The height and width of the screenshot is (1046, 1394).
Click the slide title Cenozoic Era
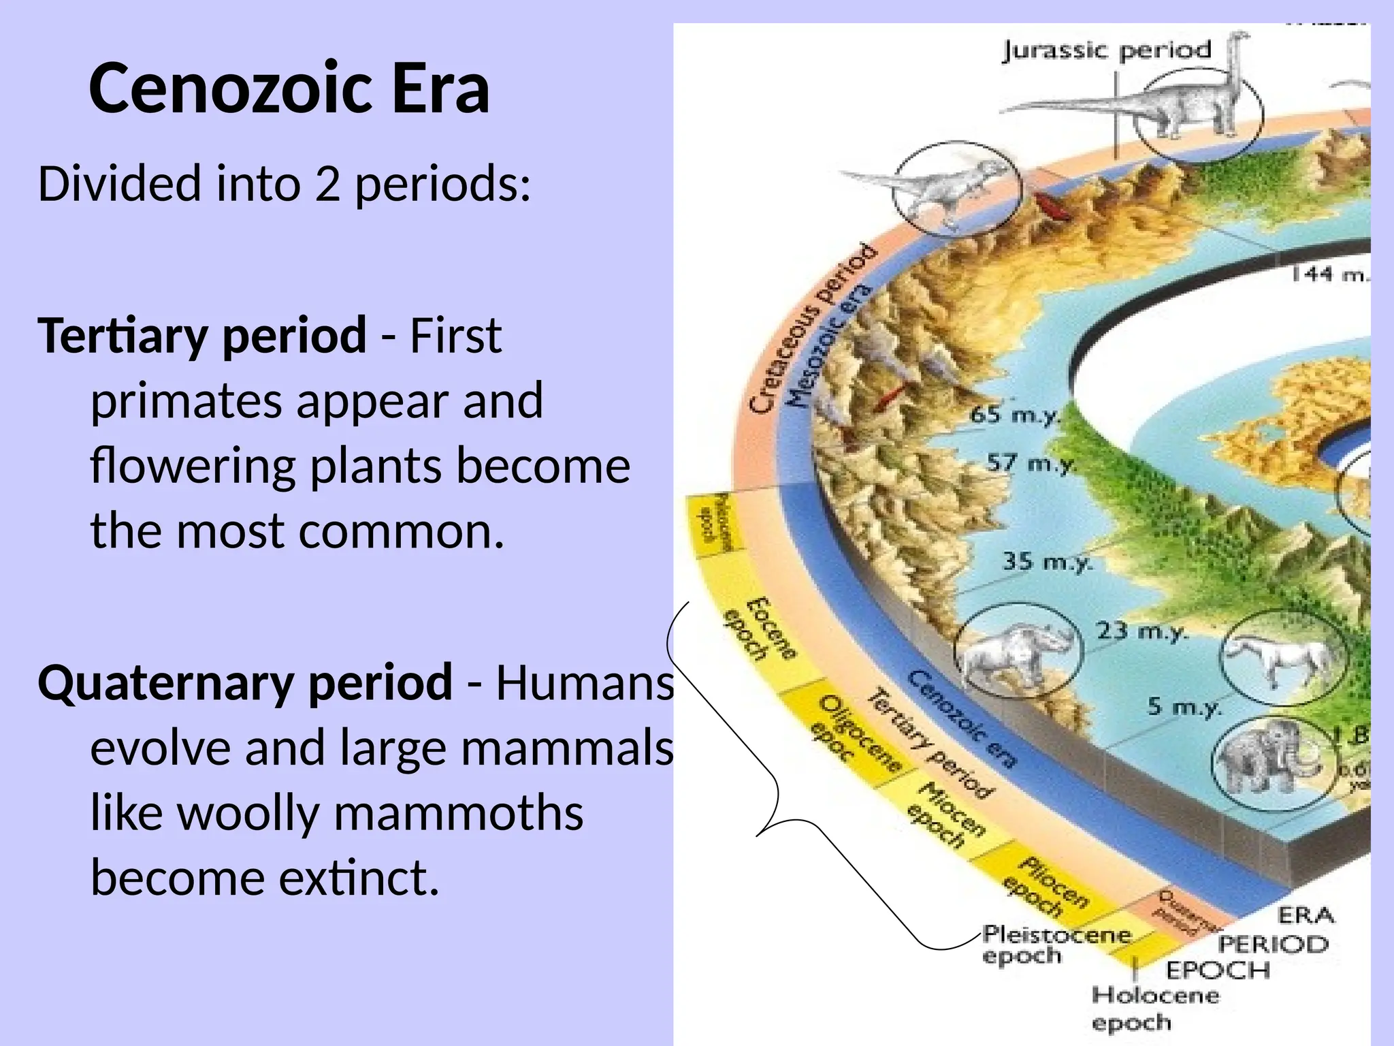click(289, 89)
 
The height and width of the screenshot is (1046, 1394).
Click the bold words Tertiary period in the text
click(202, 335)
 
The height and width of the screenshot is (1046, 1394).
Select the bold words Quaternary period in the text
click(245, 682)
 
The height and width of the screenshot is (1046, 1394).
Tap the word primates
click(186, 401)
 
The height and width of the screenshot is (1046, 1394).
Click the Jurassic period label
click(1107, 50)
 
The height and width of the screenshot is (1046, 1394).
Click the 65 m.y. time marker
click(1015, 414)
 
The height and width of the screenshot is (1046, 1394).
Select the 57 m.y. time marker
click(1032, 464)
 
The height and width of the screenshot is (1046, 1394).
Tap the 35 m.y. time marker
click(1047, 562)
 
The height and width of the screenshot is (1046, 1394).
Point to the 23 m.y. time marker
click(1142, 631)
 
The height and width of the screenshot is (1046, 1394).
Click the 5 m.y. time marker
click(1184, 706)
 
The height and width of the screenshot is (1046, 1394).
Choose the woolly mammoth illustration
click(1266, 763)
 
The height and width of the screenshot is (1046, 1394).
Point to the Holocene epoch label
click(1154, 1009)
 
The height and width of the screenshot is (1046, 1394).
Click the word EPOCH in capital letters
click(1218, 970)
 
